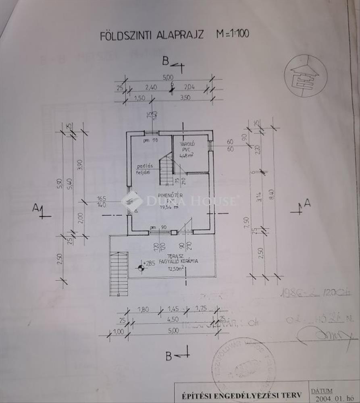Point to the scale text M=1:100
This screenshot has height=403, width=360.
tap(233, 33)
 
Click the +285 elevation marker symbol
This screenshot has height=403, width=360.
tap(141, 267)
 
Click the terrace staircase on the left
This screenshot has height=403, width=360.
tap(119, 273)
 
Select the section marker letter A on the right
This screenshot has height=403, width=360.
tap(307, 204)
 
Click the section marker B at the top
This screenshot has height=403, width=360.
tap(165, 61)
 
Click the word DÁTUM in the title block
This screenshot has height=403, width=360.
tap(323, 391)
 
